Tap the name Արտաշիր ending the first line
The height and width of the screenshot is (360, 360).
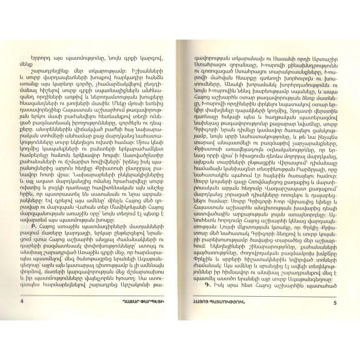320,48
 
